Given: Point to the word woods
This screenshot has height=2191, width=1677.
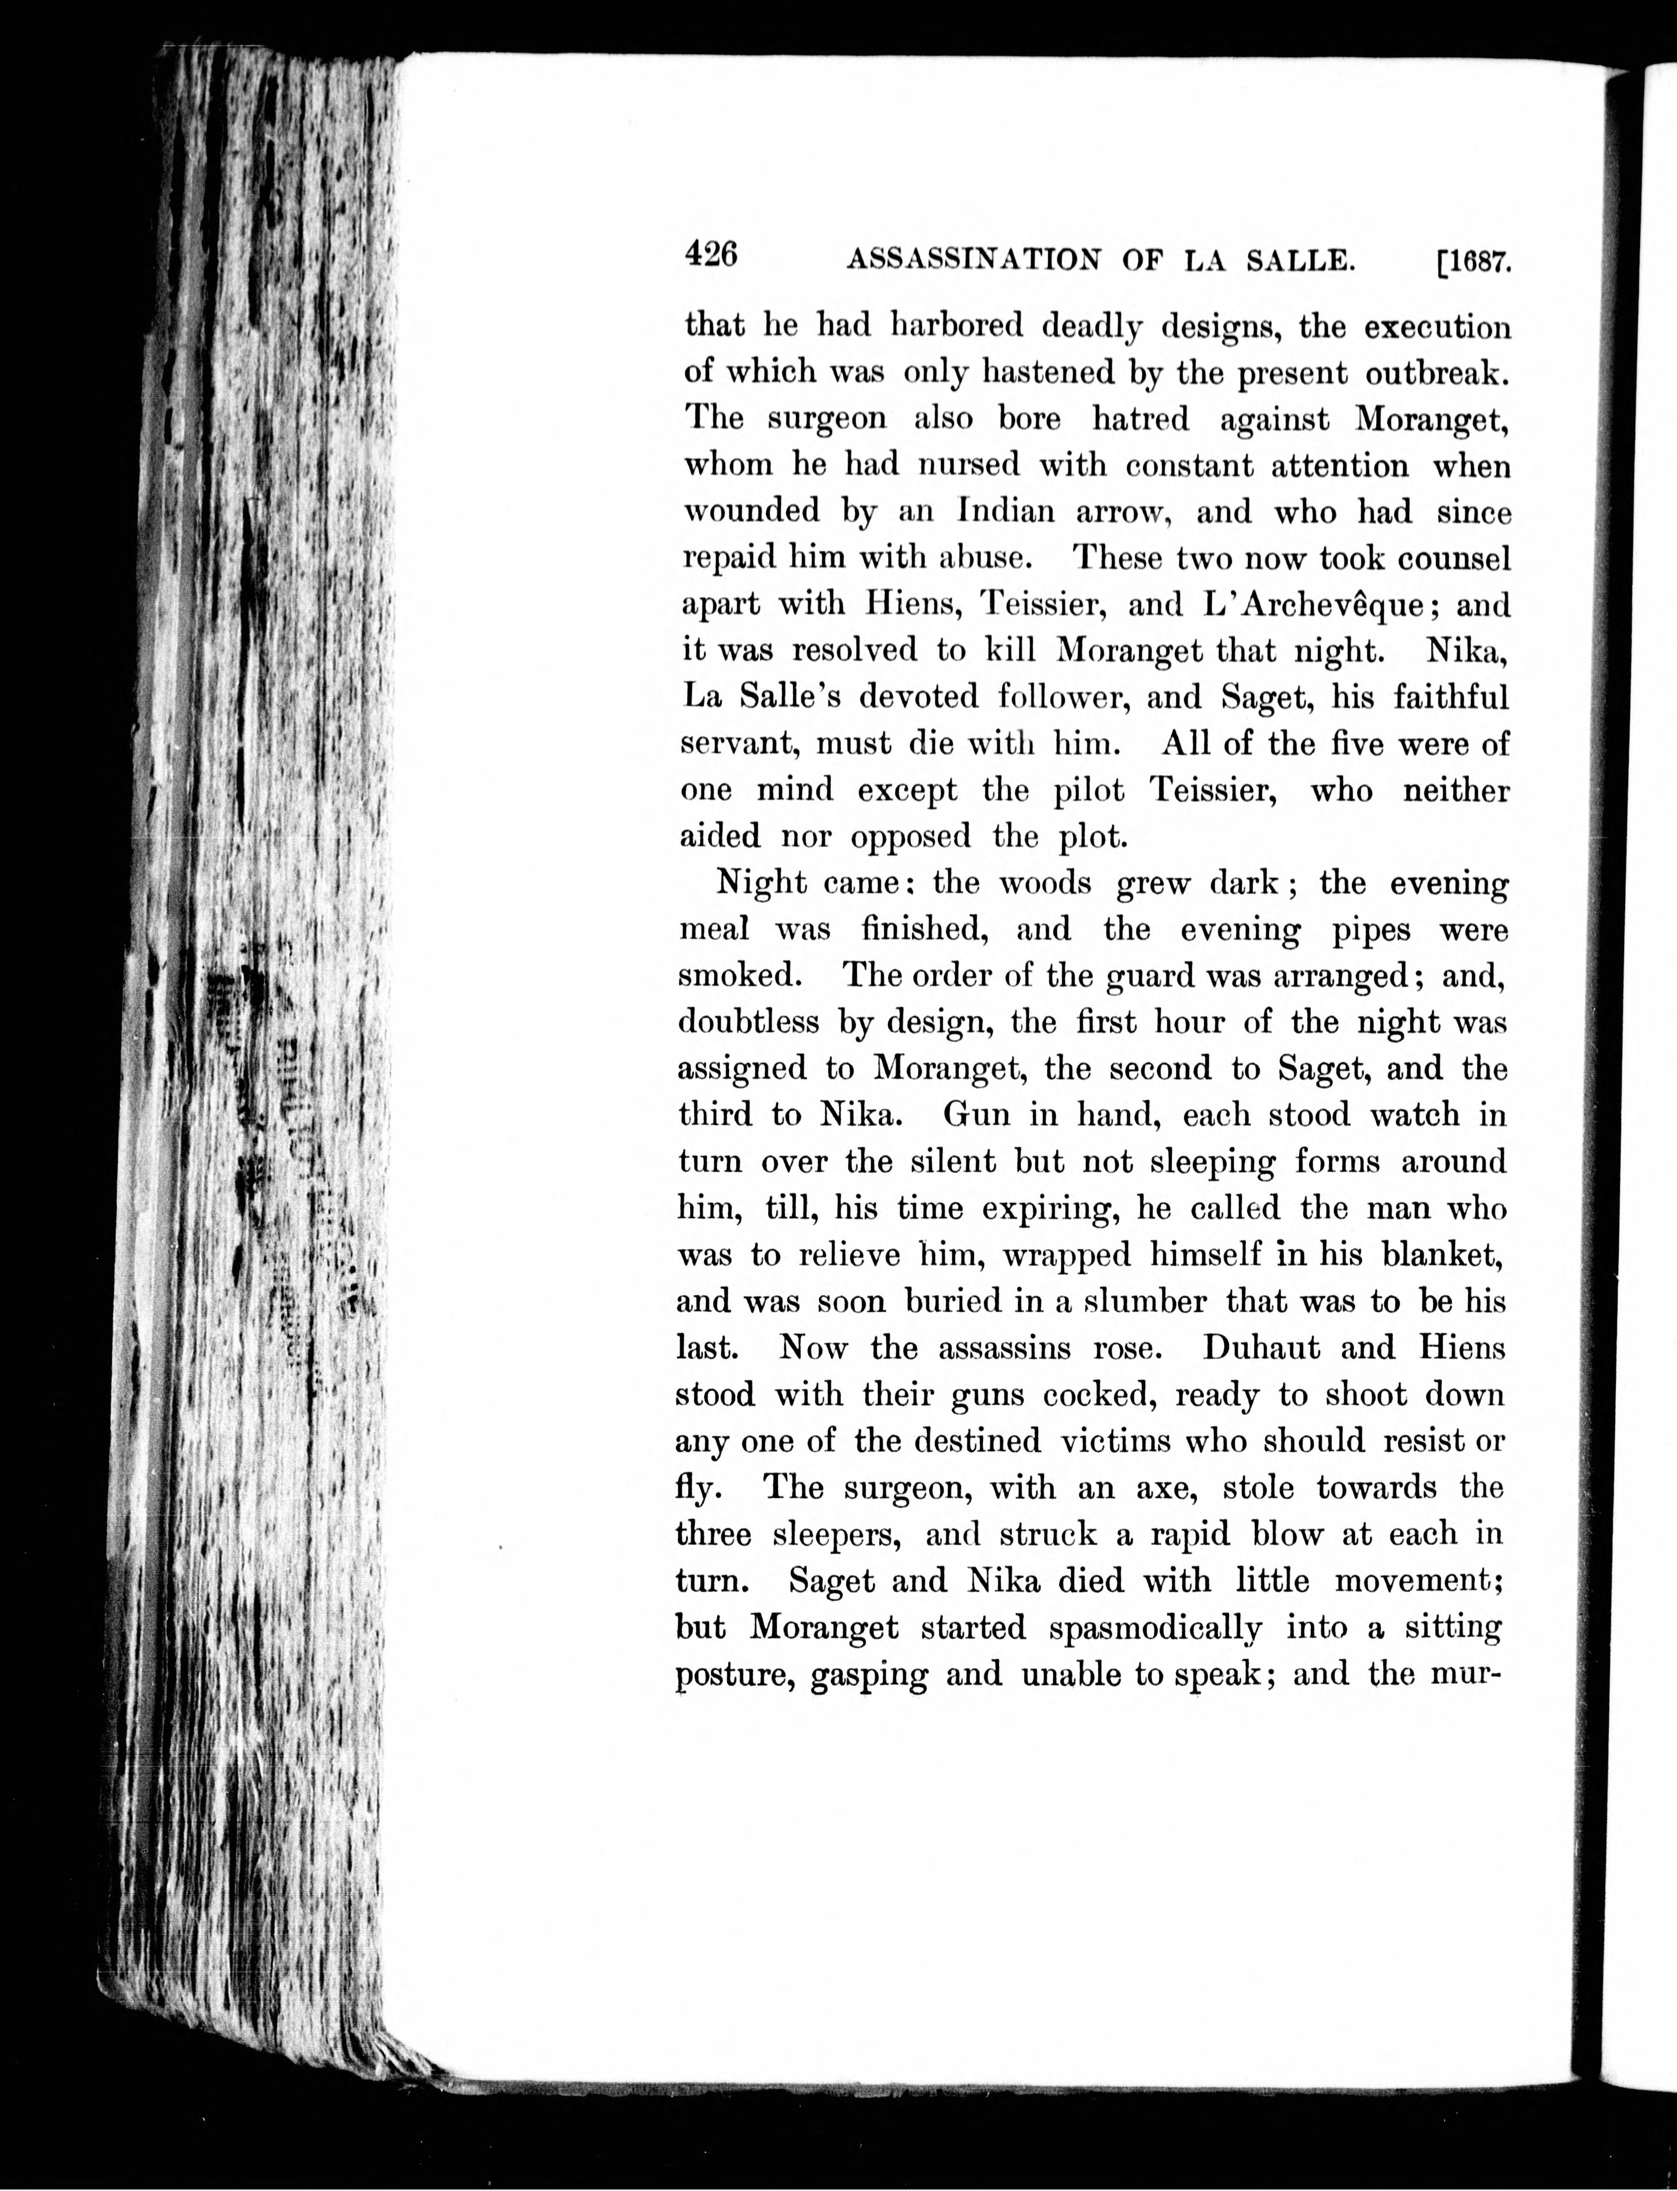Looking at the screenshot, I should click(1045, 883).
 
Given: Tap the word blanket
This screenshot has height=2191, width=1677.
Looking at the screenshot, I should click(1441, 1255).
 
